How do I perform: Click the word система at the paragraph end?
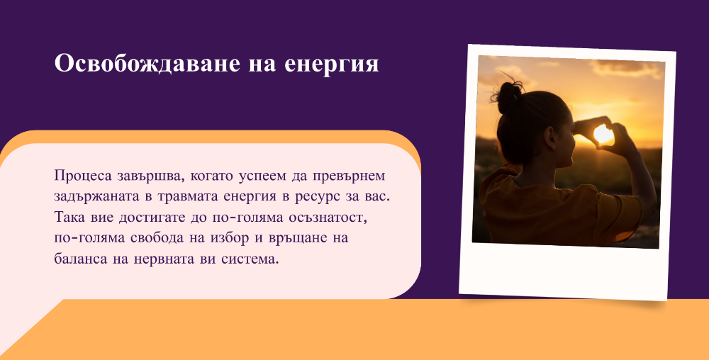[x=250, y=259]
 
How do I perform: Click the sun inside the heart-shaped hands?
[x=603, y=134]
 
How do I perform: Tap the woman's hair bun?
[x=509, y=96]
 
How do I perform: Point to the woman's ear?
[x=551, y=137]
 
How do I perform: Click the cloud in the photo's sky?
[x=627, y=68]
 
